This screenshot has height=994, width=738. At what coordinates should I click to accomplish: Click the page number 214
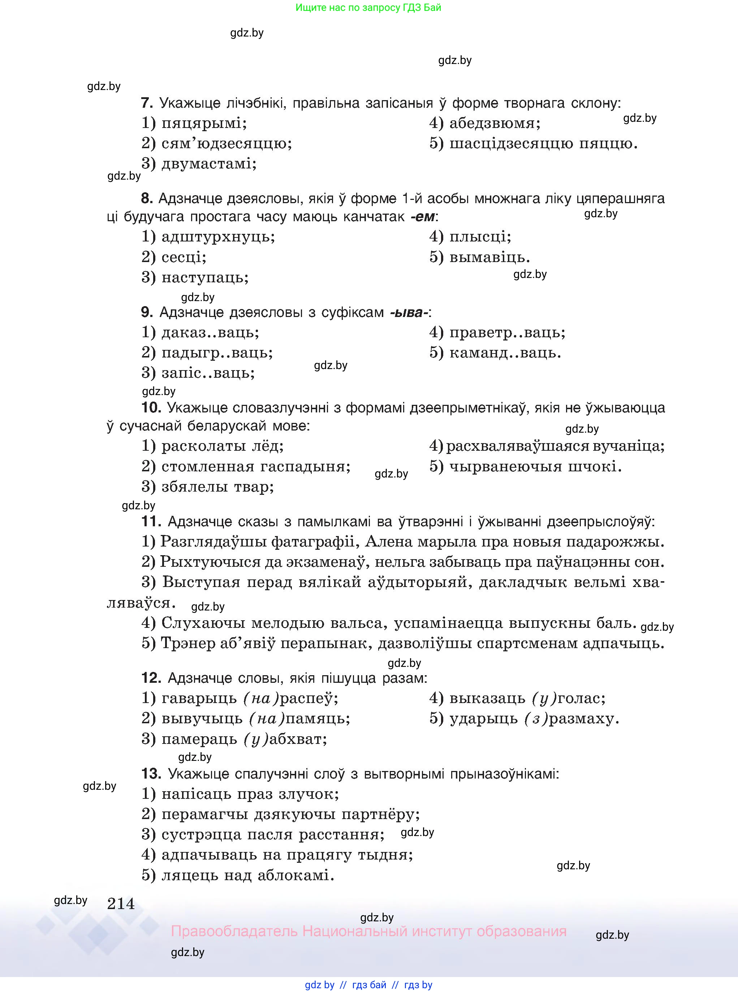121,904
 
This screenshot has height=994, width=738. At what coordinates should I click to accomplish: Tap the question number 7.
147,103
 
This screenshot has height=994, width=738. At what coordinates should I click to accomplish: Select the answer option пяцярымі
203,123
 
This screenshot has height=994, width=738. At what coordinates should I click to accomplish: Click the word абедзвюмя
495,123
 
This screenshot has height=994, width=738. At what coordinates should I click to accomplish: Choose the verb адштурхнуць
218,236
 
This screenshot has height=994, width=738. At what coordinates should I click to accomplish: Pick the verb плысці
480,236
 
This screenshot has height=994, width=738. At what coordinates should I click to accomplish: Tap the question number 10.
151,408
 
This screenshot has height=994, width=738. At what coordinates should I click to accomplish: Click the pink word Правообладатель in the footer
234,931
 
